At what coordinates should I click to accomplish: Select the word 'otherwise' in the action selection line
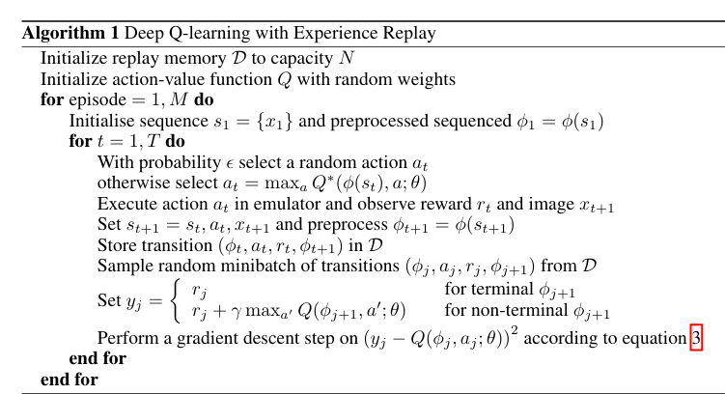129,182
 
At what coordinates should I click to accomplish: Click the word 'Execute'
125,204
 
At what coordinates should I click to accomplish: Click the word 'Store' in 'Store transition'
116,245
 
